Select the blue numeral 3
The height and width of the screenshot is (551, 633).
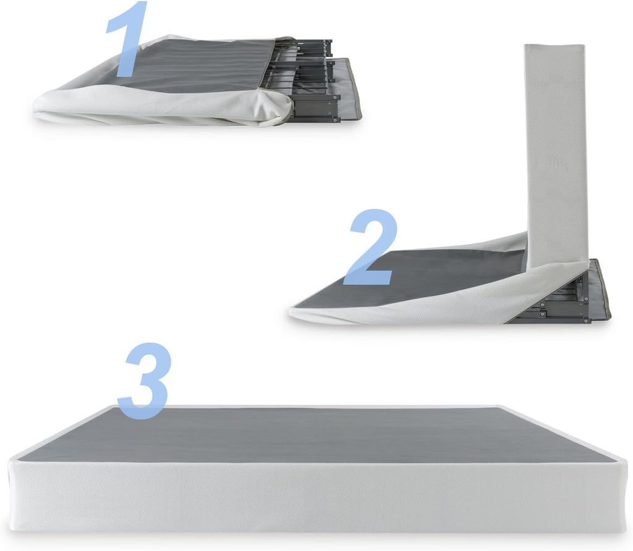(x=143, y=381)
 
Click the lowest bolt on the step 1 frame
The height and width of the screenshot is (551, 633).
(x=334, y=120)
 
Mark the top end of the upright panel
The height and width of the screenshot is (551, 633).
(x=554, y=44)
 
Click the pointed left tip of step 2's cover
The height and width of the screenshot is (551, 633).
(x=290, y=311)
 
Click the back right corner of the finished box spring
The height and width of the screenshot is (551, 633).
(x=502, y=406)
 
